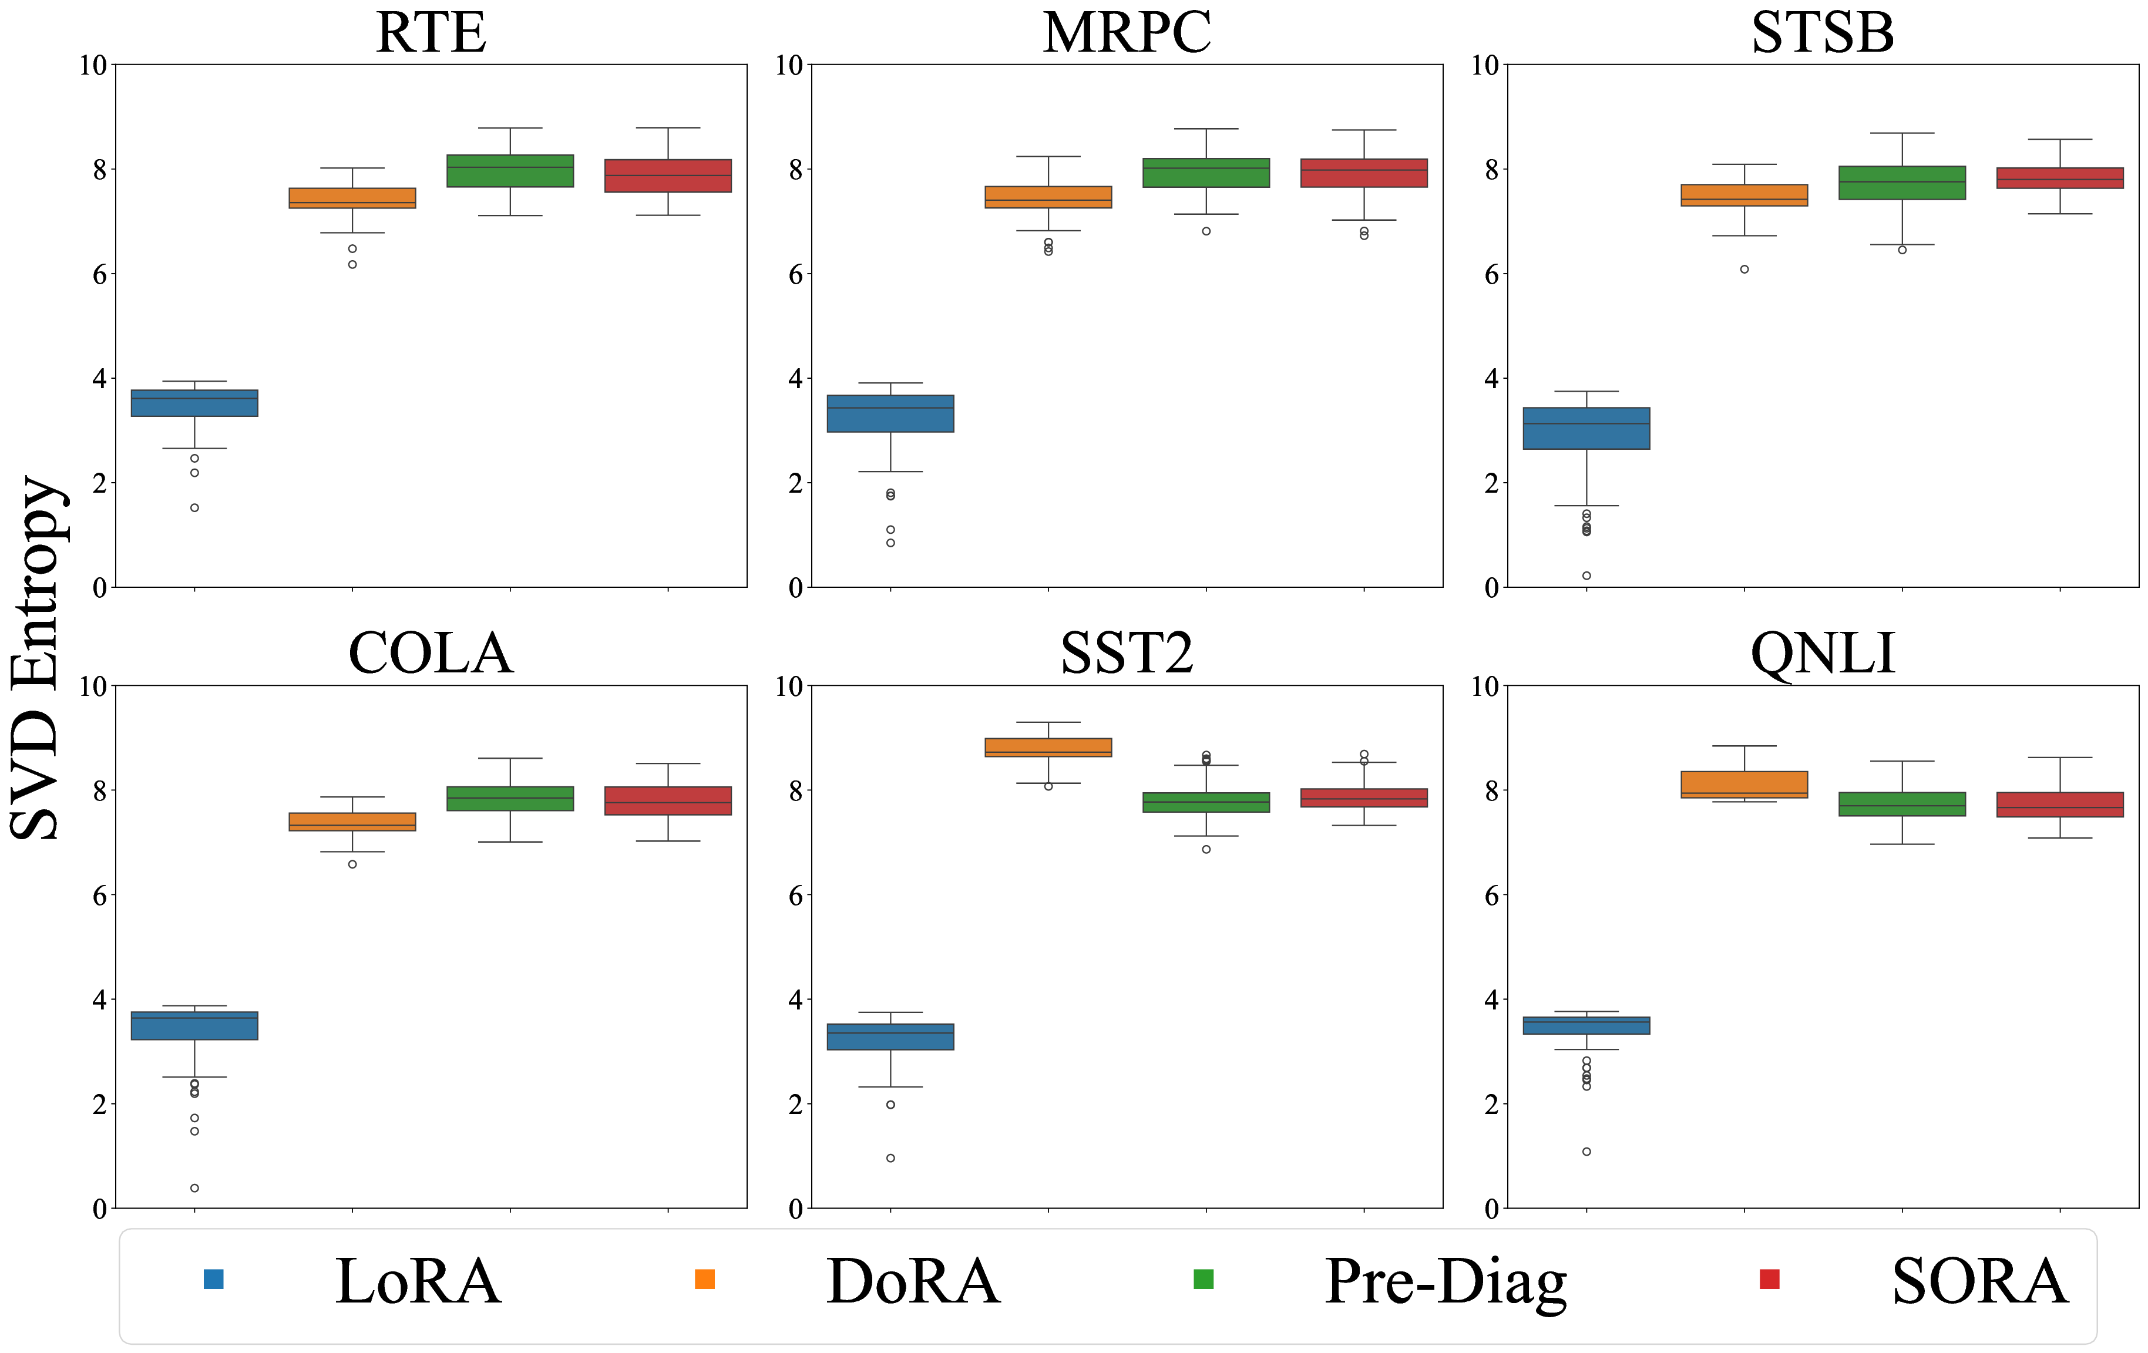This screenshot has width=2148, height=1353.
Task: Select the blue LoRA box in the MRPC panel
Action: (x=890, y=414)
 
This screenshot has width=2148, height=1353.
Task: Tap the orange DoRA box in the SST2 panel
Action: (x=1048, y=748)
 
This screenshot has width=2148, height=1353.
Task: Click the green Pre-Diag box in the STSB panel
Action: (x=1902, y=183)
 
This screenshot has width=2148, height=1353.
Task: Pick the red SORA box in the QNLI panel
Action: (x=2060, y=805)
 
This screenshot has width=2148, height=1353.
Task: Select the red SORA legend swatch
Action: (x=1770, y=1280)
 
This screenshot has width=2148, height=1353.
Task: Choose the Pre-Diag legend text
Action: (x=1445, y=1281)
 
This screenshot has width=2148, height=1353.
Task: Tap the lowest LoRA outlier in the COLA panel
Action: (x=194, y=1188)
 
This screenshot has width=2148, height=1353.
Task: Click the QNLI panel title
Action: (x=1823, y=654)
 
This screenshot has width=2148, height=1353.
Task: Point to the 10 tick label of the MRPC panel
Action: (x=789, y=65)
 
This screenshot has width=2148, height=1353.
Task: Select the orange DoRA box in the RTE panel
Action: (x=352, y=198)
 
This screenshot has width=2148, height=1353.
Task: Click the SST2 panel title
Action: (x=1127, y=654)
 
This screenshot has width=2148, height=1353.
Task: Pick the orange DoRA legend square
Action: (x=705, y=1280)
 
